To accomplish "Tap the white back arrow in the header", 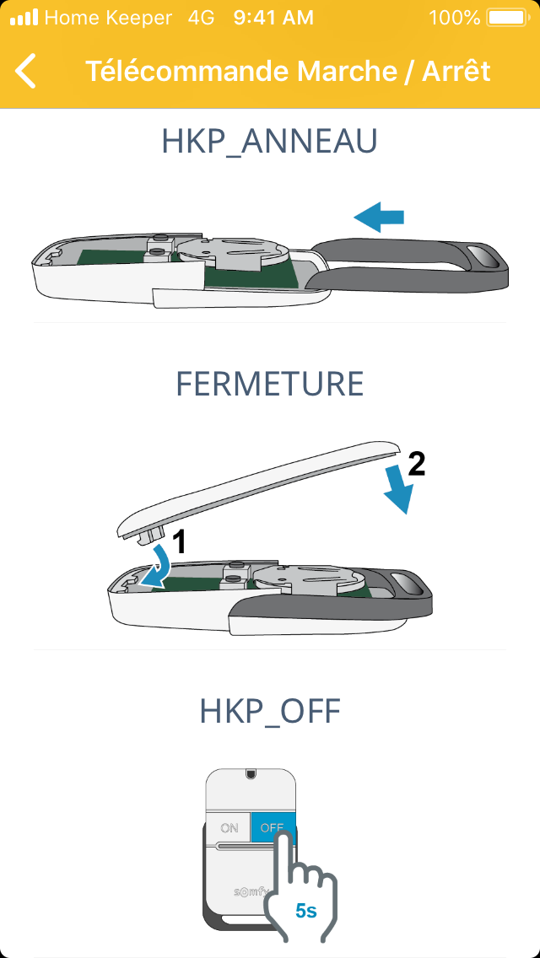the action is pyautogui.click(x=25, y=71).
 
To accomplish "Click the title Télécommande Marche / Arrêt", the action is pyautogui.click(x=288, y=71).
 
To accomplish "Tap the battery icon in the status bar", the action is pyautogui.click(x=507, y=18).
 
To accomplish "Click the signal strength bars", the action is pyautogui.click(x=24, y=18).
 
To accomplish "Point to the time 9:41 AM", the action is pyautogui.click(x=273, y=18).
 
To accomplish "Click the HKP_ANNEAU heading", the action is pyautogui.click(x=270, y=142).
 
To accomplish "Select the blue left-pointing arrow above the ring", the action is pyautogui.click(x=379, y=218).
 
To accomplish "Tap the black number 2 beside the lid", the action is pyautogui.click(x=416, y=466).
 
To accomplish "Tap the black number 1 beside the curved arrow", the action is pyautogui.click(x=178, y=542).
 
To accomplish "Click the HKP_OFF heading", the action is pyautogui.click(x=270, y=712).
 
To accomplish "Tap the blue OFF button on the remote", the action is pyautogui.click(x=273, y=828).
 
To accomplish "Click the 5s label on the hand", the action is pyautogui.click(x=305, y=911).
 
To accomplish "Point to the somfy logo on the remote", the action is pyautogui.click(x=248, y=891).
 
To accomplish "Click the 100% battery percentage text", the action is pyautogui.click(x=455, y=18).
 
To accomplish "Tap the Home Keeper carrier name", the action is pyautogui.click(x=108, y=18).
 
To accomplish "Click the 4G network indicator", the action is pyautogui.click(x=201, y=18).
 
